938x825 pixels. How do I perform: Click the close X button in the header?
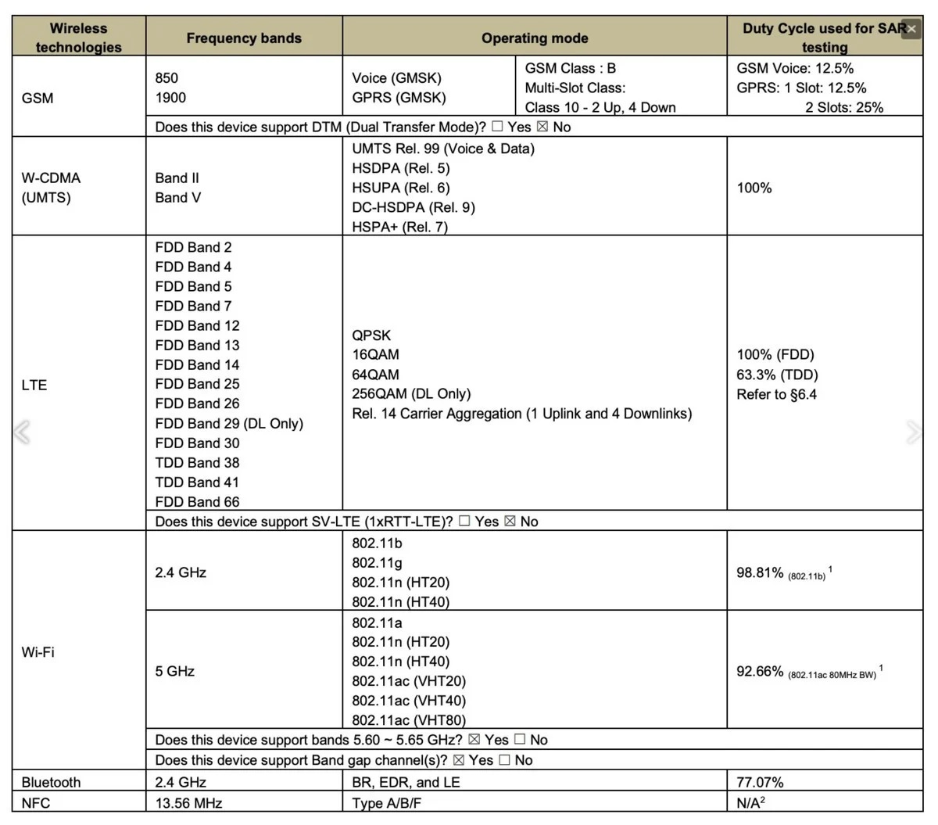tap(911, 29)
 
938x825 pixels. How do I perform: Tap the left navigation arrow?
tap(23, 432)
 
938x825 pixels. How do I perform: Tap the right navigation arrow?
tap(913, 432)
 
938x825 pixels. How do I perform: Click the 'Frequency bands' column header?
tap(244, 38)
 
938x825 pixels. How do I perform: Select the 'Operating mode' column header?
tap(535, 38)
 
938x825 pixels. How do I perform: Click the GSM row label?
tap(38, 98)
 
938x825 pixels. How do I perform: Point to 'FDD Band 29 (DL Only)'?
tap(229, 423)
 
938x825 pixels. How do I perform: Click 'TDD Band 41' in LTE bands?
tap(197, 482)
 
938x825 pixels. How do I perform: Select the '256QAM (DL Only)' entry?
tap(411, 393)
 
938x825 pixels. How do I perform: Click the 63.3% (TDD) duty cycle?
tap(777, 375)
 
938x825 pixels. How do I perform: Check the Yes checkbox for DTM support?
tap(497, 127)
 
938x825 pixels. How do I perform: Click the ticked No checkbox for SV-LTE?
tap(510, 521)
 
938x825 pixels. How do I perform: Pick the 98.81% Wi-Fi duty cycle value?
tap(760, 572)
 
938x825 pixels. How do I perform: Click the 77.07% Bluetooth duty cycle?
tap(760, 782)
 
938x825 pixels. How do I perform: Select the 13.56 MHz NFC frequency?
tap(188, 803)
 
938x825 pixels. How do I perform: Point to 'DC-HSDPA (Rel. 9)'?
tap(414, 207)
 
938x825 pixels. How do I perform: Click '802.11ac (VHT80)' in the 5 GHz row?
tap(409, 720)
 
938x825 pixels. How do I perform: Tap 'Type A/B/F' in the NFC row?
tap(386, 803)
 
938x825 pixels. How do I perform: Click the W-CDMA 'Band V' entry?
tap(177, 197)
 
